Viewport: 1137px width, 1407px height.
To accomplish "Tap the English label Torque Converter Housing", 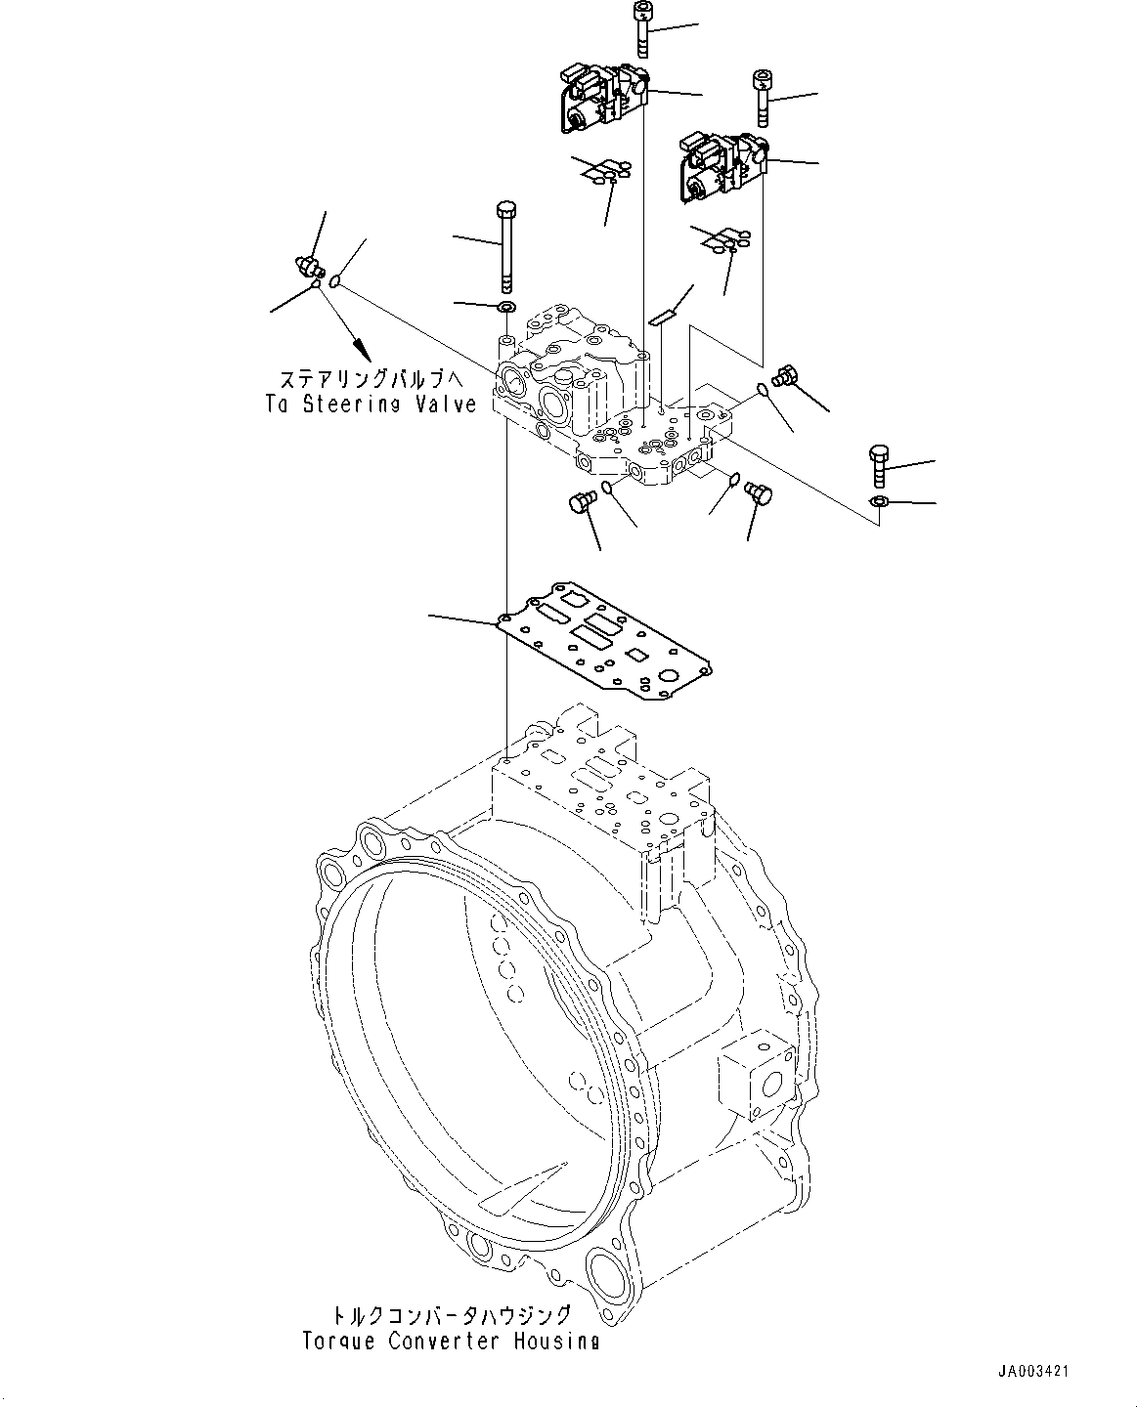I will click(x=452, y=1341).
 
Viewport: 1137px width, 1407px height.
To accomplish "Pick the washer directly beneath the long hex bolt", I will click(x=507, y=308).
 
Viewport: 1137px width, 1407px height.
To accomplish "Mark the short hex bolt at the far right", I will click(x=877, y=468).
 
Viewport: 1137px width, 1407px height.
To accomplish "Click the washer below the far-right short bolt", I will click(x=878, y=501).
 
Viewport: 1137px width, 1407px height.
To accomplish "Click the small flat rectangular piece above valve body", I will click(x=662, y=316).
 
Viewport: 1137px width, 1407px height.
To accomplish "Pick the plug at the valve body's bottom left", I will click(x=580, y=502).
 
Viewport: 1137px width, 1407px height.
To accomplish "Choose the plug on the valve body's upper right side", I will click(x=785, y=374).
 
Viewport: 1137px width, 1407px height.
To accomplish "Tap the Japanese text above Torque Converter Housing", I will click(x=452, y=1315).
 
